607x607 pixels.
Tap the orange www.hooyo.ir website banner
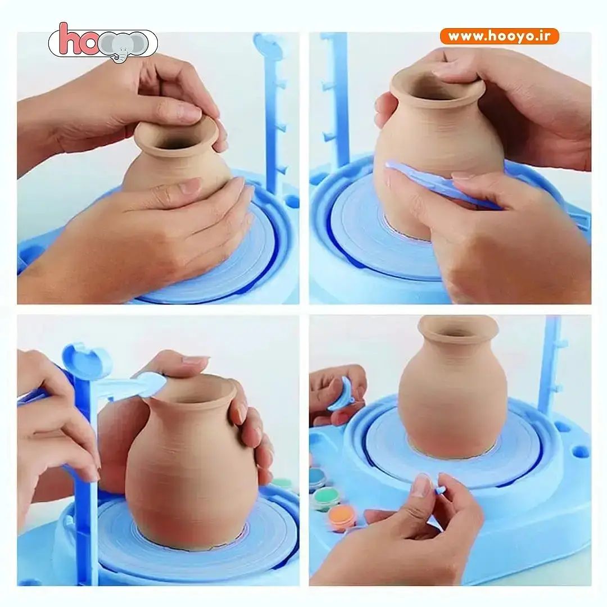coord(500,37)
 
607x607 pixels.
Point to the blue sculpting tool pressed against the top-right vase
coord(441,185)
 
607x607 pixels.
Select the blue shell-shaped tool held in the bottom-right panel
coord(341,395)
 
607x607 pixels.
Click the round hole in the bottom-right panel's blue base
coord(579,451)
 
